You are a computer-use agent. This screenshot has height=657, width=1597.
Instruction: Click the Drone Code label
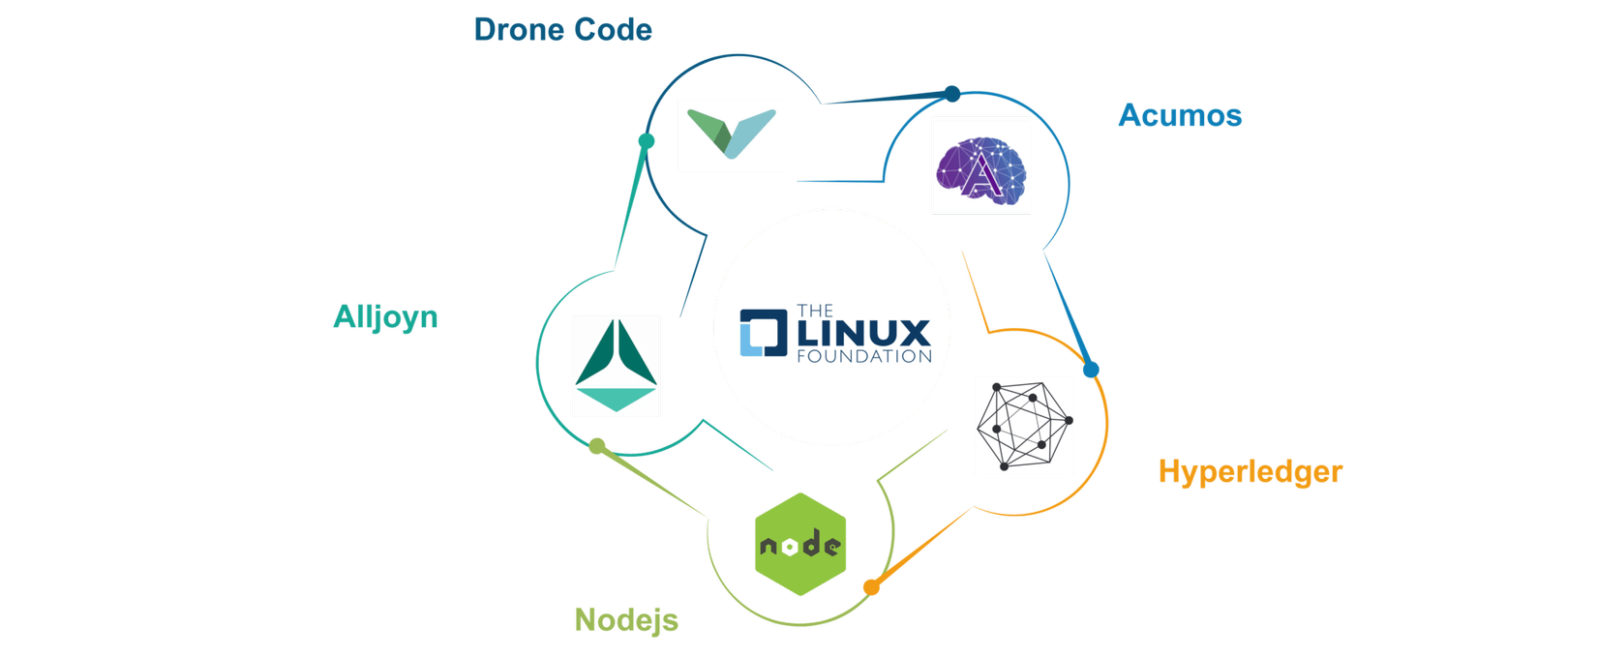pyautogui.click(x=562, y=30)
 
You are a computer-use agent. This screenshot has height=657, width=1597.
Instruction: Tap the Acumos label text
pyautogui.click(x=1180, y=116)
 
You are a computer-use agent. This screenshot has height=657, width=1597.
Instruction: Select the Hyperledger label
pyautogui.click(x=1250, y=472)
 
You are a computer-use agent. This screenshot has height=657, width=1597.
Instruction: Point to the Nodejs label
pyautogui.click(x=626, y=619)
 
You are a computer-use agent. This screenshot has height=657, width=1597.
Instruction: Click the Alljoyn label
pyautogui.click(x=385, y=316)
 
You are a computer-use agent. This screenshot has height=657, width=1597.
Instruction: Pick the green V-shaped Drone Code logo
pyautogui.click(x=731, y=134)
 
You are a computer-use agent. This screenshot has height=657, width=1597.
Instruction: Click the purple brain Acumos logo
pyautogui.click(x=980, y=165)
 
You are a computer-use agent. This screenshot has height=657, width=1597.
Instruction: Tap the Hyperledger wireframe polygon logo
pyautogui.click(x=1024, y=426)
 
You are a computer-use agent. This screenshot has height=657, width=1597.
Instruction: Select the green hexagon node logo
pyautogui.click(x=800, y=544)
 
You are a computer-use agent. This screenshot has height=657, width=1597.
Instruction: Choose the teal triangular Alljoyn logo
pyautogui.click(x=616, y=366)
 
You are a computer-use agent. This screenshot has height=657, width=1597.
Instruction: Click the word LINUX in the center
pyautogui.click(x=862, y=334)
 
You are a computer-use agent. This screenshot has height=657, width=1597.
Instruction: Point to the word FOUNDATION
pyautogui.click(x=863, y=356)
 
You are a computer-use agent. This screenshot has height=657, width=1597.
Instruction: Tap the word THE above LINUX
pyautogui.click(x=814, y=311)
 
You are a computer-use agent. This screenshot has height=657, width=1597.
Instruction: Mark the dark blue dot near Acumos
pyautogui.click(x=952, y=94)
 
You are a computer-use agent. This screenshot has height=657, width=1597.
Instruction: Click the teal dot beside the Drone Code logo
pyautogui.click(x=647, y=141)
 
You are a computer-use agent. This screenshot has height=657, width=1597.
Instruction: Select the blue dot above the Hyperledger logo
pyautogui.click(x=1091, y=370)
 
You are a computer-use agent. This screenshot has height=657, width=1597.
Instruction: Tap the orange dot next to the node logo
pyautogui.click(x=871, y=587)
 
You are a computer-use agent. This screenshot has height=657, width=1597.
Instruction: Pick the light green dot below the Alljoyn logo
pyautogui.click(x=597, y=446)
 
